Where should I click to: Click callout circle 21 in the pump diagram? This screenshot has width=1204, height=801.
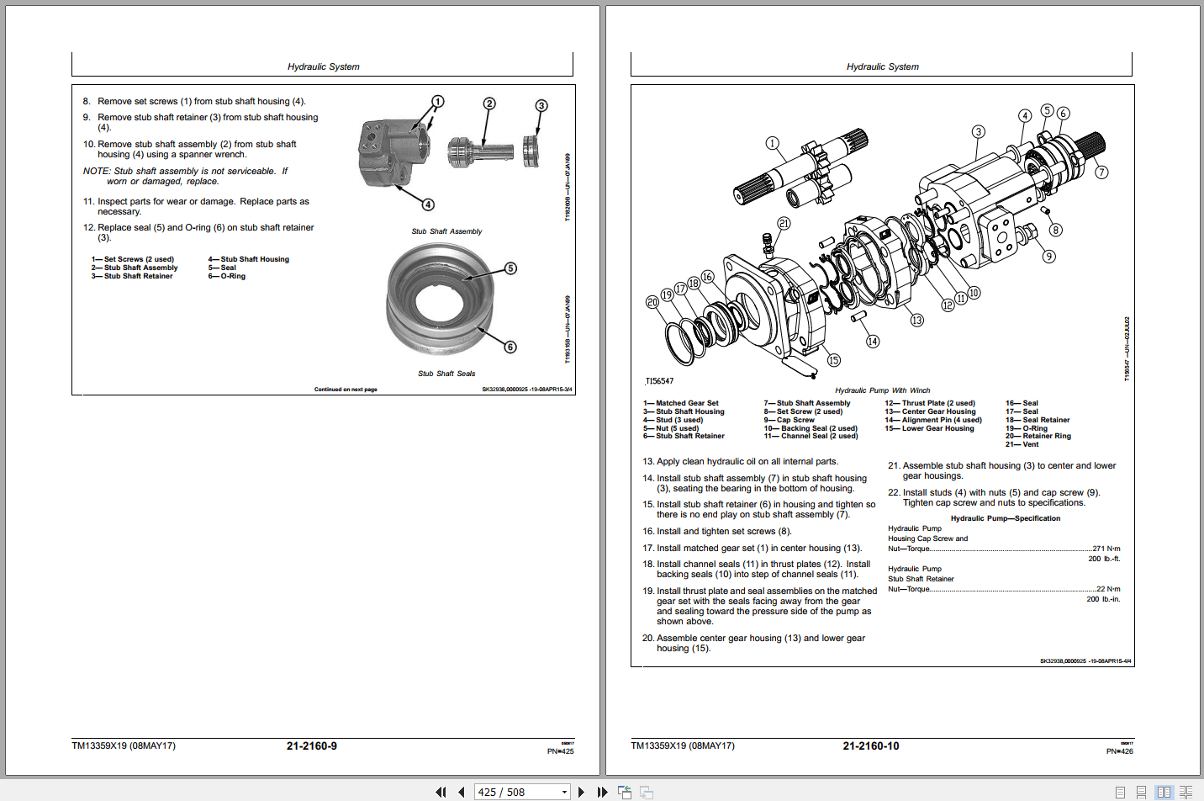coord(784,224)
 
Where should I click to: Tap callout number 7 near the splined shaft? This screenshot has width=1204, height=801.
coord(1101,172)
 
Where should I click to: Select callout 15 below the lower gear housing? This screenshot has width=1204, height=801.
coord(833,360)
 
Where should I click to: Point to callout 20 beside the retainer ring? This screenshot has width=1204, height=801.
coord(652,302)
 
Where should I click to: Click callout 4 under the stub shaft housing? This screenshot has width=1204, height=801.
coord(428,204)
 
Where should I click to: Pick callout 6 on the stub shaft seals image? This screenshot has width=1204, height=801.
coord(510,347)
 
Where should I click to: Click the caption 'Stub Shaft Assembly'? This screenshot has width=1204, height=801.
coord(446,231)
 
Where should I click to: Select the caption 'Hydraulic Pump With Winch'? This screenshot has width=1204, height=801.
coord(882,390)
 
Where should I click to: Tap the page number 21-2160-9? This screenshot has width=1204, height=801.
coord(311,746)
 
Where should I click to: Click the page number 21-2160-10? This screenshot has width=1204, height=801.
coord(870,746)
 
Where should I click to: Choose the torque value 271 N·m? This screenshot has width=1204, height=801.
coord(1106,549)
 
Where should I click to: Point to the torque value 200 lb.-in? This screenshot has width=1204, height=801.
coord(1103,599)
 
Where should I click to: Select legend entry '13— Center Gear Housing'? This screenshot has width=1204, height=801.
coord(930,411)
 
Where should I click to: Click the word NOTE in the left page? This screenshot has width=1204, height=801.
coord(96,171)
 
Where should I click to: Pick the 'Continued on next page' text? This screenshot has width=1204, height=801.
coord(346,390)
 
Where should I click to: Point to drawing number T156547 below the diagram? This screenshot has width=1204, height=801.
coord(659,381)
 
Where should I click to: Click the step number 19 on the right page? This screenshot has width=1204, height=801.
coord(648,591)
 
